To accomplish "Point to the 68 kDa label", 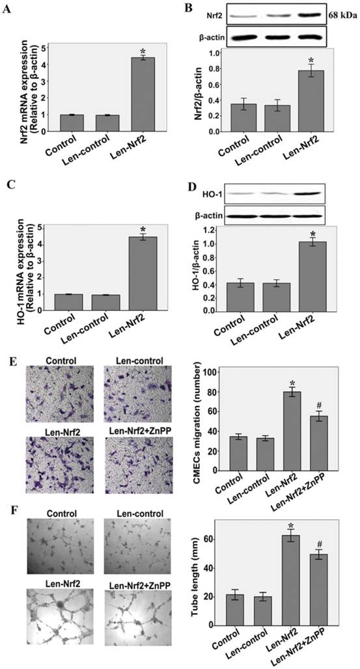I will pos(342,14).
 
